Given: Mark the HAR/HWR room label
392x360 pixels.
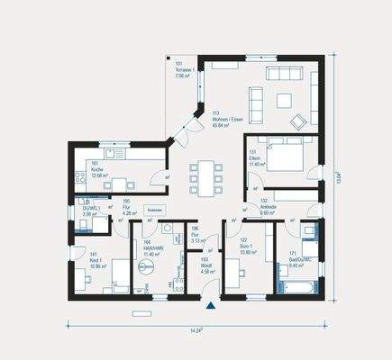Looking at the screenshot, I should click(153, 247).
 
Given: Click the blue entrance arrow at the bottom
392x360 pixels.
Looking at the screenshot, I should click(210, 307).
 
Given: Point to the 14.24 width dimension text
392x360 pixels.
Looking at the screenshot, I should click(195, 331).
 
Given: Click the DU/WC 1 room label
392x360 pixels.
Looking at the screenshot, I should click(92, 211).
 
